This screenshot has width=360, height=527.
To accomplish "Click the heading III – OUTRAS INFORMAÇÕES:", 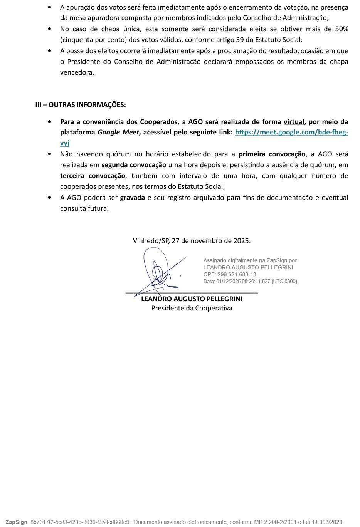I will [x=80, y=105].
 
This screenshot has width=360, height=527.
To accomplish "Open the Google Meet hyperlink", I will [x=291, y=132].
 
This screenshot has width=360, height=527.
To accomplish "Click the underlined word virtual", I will [x=294, y=122].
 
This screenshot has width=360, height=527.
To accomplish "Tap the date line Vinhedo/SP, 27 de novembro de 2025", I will [x=192, y=241].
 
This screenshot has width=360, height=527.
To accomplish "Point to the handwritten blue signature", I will [x=158, y=270].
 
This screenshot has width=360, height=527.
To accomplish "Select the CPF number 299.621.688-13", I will [x=237, y=274].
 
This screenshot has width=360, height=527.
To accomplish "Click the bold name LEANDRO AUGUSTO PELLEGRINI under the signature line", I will [x=192, y=299].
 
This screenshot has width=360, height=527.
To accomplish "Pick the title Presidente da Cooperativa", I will [x=192, y=308].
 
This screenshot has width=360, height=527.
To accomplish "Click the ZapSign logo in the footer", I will [x=16, y=522].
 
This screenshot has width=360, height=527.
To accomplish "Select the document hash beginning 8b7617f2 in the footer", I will [x=80, y=522].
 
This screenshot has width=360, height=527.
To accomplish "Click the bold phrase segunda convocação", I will [x=134, y=165].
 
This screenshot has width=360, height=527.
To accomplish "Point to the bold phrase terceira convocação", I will [x=93, y=176].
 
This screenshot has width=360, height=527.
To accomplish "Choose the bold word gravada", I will [x=132, y=198].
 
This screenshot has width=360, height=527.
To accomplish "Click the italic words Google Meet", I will [x=118, y=132].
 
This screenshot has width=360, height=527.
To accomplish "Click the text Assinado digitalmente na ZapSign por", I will [x=250, y=260].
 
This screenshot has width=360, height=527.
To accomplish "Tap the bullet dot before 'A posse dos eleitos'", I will [x=49, y=51].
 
